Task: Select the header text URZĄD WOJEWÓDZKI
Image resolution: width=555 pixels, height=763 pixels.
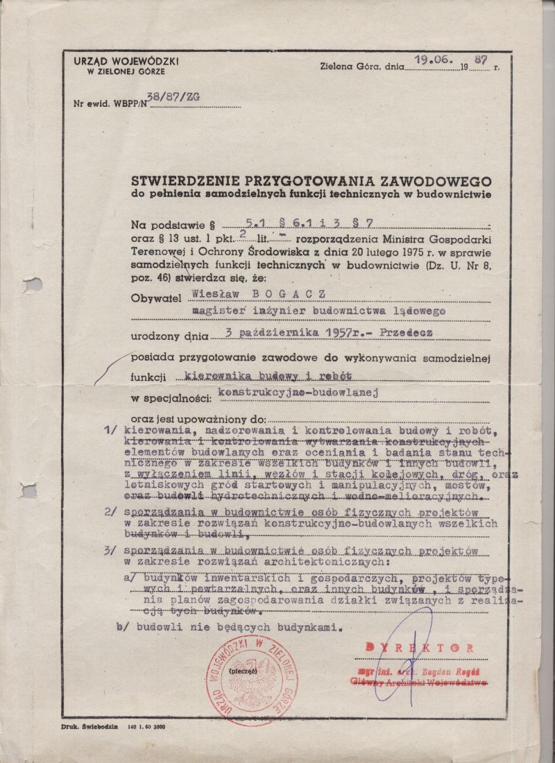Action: point(126,62)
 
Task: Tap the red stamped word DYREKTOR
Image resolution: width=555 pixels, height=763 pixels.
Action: point(420,647)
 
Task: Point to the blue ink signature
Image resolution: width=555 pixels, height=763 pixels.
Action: point(409,659)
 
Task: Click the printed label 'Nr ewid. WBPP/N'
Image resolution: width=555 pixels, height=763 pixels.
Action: point(110,105)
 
